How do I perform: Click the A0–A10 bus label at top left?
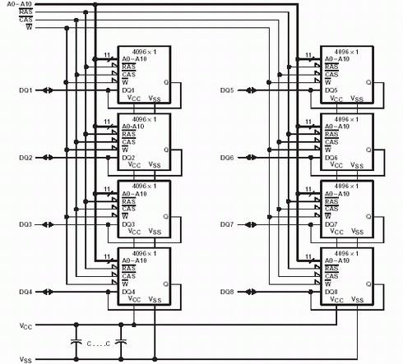click(x=19, y=4)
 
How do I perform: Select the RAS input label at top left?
click(x=25, y=12)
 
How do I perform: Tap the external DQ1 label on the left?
click(x=25, y=90)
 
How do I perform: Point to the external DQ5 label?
click(x=227, y=90)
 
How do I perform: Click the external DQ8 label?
click(x=227, y=292)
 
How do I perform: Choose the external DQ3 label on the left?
click(x=25, y=224)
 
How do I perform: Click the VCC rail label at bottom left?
click(x=25, y=326)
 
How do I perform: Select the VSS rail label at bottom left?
click(x=25, y=359)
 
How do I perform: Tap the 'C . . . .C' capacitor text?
click(x=99, y=343)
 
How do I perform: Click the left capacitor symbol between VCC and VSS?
click(x=76, y=342)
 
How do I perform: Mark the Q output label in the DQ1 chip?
click(x=166, y=82)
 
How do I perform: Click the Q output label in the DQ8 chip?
click(x=368, y=284)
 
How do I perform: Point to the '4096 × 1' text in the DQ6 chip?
click(x=346, y=119)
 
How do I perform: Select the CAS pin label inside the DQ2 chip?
click(x=128, y=142)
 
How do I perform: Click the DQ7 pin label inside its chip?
click(x=331, y=224)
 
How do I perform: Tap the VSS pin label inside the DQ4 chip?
click(x=155, y=299)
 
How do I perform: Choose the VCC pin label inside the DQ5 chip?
click(x=336, y=99)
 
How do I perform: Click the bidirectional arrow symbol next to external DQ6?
click(x=251, y=158)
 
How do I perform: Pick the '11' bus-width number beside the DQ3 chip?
click(x=107, y=189)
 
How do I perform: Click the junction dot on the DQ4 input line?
click(x=108, y=292)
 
